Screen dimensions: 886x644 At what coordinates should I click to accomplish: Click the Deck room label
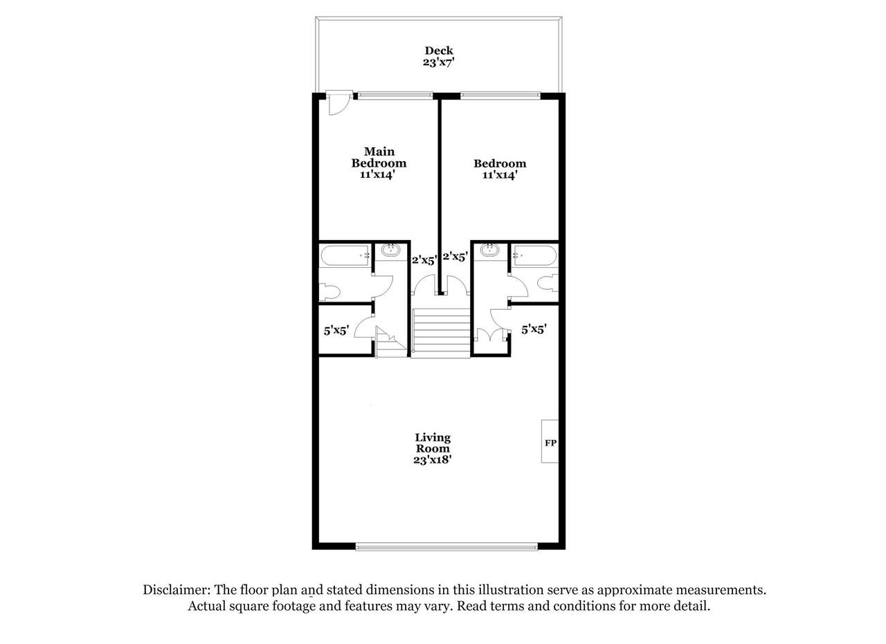pos(439,50)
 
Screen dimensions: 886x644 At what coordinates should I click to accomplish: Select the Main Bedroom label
pos(379,157)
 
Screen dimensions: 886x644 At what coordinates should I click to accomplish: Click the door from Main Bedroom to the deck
pos(338,103)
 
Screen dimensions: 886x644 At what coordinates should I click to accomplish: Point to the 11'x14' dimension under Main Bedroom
pos(378,175)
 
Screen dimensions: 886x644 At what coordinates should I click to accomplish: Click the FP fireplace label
pos(550,443)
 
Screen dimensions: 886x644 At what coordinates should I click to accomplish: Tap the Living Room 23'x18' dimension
pos(433,460)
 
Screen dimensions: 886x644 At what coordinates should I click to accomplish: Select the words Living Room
pos(433,443)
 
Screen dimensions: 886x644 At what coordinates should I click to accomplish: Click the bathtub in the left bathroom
pos(346,256)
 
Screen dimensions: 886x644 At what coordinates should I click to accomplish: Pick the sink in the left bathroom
pos(391,250)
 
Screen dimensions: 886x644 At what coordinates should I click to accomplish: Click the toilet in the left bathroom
pos(329,291)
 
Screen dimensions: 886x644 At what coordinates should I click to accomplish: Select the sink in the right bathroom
pos(490,250)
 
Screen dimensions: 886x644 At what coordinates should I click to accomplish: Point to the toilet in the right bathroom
pos(548,283)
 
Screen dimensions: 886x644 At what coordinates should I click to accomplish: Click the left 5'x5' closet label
pos(336,330)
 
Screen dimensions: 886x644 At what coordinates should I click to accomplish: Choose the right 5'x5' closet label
pos(534,329)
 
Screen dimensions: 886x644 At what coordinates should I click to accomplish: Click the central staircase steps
pos(441,333)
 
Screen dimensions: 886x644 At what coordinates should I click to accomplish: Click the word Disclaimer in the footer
pos(176,590)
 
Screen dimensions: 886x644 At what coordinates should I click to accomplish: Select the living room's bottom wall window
pos(446,546)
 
